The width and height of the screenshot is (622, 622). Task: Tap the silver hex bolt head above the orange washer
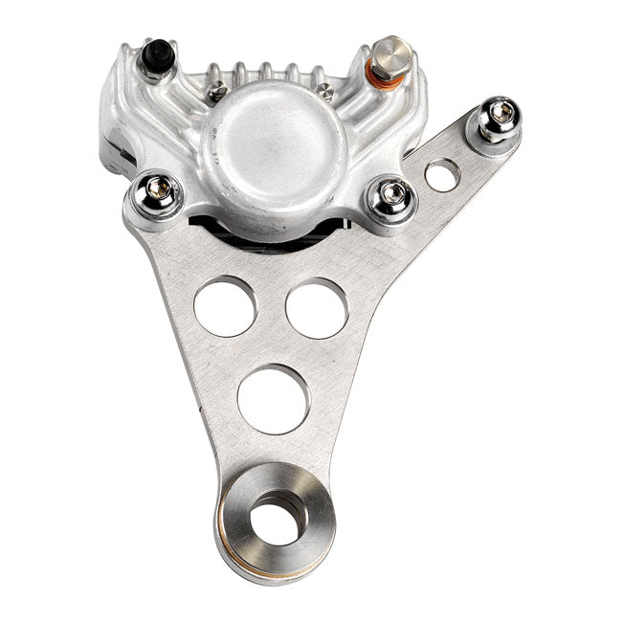[390, 49]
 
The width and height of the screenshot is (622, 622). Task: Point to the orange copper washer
[389, 78]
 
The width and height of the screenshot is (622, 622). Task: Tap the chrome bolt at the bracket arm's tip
[497, 118]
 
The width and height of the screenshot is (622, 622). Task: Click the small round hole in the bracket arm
[442, 174]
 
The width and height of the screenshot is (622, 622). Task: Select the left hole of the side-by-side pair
[225, 306]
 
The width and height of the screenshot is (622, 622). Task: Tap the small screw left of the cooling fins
[217, 91]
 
